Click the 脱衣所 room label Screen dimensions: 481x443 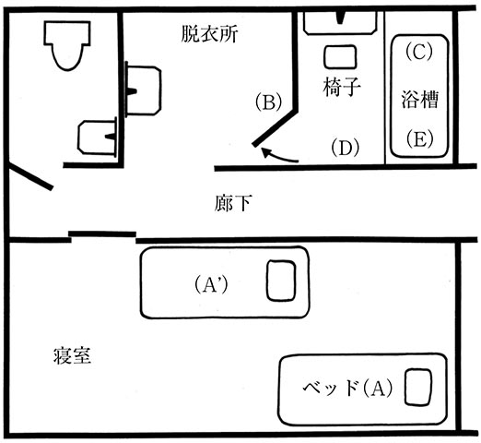coord(209,34)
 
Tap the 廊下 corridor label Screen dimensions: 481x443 coord(233,203)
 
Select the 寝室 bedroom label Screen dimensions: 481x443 coord(72,355)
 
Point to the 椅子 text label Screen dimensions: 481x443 coord(342,87)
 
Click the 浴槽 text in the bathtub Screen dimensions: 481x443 coord(419,100)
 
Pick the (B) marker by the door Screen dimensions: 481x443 coord(269,103)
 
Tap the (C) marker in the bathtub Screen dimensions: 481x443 coord(419,52)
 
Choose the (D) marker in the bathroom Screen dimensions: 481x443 coord(345,148)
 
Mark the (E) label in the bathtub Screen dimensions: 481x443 coord(419,139)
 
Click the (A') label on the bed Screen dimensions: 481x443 coord(211,284)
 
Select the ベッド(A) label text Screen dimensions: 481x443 coord(347,389)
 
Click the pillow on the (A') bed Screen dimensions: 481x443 coord(281,281)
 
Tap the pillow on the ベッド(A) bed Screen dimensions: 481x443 coord(417,387)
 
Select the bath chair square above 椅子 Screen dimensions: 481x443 coord(340,56)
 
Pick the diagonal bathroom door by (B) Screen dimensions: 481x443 coord(275,127)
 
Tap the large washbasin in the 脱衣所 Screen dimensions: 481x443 coord(143,90)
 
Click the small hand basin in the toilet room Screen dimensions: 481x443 coord(98,138)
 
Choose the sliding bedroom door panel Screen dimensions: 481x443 coord(102,233)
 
